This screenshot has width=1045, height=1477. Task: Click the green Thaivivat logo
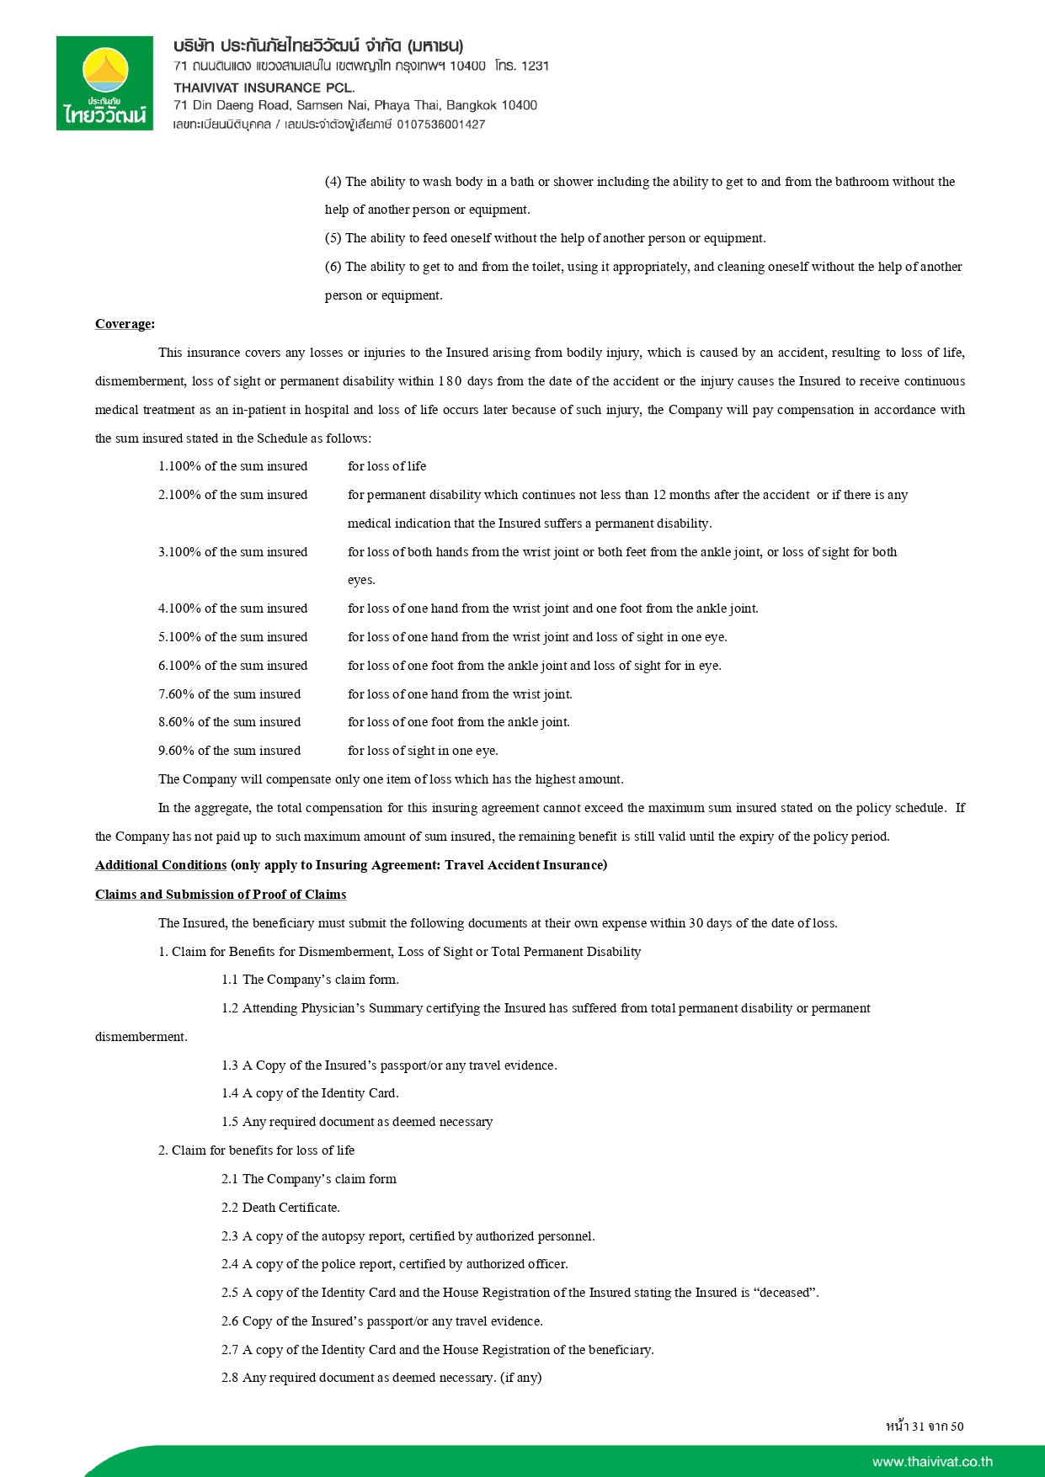click(x=104, y=82)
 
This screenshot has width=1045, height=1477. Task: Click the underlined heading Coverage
click(x=125, y=324)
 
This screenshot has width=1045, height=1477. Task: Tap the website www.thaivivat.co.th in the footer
click(x=932, y=1461)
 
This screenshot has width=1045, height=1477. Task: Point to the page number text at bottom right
click(x=925, y=1426)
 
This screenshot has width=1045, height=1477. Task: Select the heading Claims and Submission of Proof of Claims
click(x=221, y=894)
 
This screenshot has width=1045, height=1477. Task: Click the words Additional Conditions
click(x=161, y=865)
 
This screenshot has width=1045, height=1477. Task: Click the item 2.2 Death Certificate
click(x=280, y=1207)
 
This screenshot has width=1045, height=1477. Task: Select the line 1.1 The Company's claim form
click(x=310, y=980)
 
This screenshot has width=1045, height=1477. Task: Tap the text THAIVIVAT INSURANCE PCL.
click(x=264, y=87)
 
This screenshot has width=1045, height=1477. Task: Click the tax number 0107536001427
click(x=441, y=125)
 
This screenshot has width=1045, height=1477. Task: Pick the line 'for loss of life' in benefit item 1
click(x=387, y=466)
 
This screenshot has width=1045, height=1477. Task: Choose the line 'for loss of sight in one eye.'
click(x=423, y=751)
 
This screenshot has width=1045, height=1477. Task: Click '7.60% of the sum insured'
click(x=229, y=694)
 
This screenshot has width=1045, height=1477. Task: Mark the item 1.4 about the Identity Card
click(x=310, y=1093)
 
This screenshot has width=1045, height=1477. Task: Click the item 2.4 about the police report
click(x=394, y=1264)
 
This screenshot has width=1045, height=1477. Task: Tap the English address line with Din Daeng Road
click(x=355, y=105)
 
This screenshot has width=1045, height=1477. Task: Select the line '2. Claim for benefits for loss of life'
click(x=256, y=1150)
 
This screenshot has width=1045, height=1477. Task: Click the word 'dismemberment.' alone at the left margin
click(x=141, y=1037)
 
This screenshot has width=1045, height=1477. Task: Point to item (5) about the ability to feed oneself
click(x=545, y=238)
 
